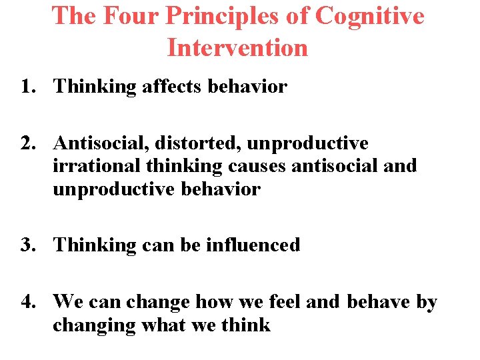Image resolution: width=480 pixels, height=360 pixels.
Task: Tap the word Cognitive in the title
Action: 369,17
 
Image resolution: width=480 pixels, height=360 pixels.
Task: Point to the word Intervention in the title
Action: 237,48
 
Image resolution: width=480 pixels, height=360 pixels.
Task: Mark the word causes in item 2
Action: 257,166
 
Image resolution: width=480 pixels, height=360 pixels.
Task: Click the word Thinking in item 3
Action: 95,245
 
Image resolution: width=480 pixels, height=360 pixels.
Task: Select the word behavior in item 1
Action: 248,87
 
